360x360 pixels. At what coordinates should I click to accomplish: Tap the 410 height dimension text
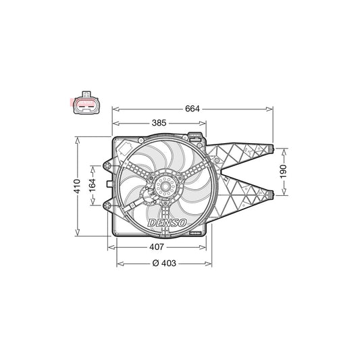[78, 186]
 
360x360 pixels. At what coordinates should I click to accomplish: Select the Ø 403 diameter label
[162, 262]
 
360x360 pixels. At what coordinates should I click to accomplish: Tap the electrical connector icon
[84, 103]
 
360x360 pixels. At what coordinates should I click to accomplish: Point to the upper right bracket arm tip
[270, 148]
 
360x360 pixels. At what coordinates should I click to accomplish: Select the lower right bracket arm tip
[270, 195]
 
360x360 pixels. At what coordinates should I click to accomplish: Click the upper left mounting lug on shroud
[106, 165]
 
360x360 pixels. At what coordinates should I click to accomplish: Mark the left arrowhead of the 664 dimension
[114, 108]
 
